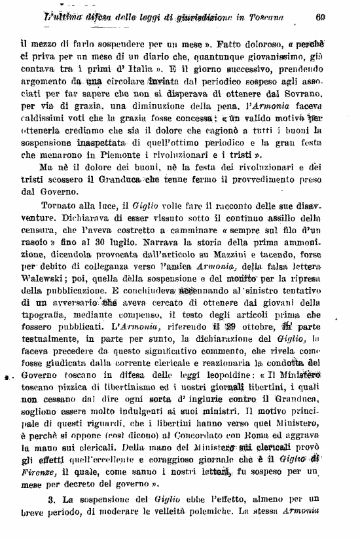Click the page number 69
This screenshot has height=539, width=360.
coord(320,18)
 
